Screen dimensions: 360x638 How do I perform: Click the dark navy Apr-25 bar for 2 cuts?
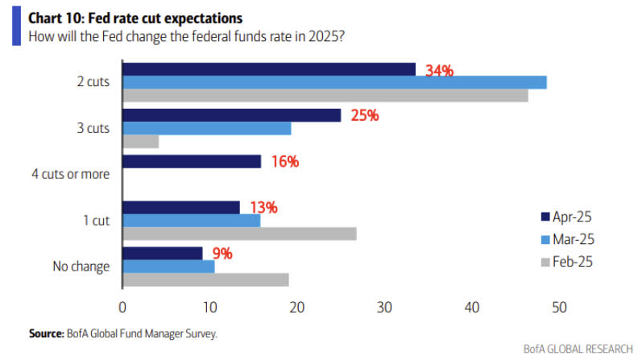pyautogui.click(x=268, y=69)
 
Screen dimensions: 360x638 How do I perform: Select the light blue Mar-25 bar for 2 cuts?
pyautogui.click(x=334, y=82)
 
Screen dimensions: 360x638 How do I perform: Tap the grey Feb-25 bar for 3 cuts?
pyautogui.click(x=140, y=142)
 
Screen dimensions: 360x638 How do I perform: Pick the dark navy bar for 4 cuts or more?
pyautogui.click(x=192, y=162)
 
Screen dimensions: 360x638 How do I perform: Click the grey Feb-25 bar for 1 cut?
pyautogui.click(x=239, y=234)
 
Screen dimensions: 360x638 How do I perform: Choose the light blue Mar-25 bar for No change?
pyautogui.click(x=168, y=267)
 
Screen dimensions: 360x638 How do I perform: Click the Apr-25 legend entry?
pyautogui.click(x=572, y=216)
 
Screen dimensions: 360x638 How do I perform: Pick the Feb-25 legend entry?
pyautogui.click(x=572, y=262)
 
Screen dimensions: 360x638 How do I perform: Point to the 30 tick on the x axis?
pyautogui.click(x=384, y=307)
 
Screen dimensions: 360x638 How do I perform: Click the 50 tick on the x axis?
pyautogui.click(x=559, y=307)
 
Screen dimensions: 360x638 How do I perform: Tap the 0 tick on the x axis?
pyautogui.click(x=122, y=307)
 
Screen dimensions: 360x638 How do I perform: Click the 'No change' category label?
pyautogui.click(x=81, y=266)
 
